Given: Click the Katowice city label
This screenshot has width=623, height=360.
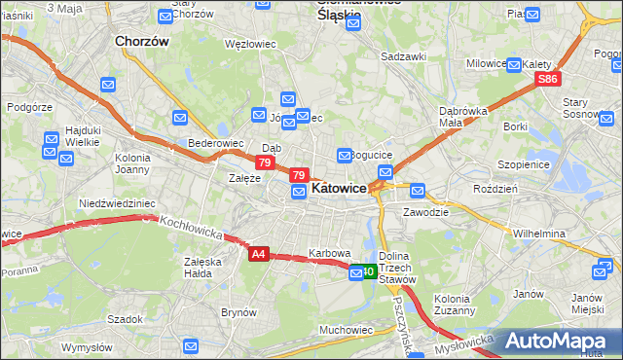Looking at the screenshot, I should tap(339, 189).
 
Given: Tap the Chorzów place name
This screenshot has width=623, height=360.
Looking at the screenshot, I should tap(142, 42).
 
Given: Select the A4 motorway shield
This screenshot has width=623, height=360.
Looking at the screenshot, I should tap(257, 254).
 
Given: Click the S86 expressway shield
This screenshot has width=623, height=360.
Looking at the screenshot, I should tap(549, 79).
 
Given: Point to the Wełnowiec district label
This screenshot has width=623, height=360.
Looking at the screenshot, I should tap(251, 44).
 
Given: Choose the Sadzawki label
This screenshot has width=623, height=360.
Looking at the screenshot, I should tap(404, 56).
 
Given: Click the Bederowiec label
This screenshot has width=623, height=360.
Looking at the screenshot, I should tap(215, 143).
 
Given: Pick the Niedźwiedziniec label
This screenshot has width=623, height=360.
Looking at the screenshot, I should tap(117, 203).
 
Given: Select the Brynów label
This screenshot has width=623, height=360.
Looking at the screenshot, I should tap(238, 312).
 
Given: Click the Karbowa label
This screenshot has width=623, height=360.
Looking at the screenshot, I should tap(329, 253).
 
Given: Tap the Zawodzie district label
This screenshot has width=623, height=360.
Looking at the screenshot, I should tap(425, 210).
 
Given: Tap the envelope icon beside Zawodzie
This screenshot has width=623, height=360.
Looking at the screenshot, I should tap(418, 191).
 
